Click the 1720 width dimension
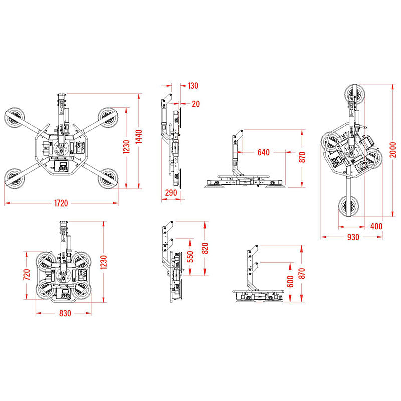coord(61,204)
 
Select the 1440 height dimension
coord(139,137)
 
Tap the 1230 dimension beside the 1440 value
coord(127,147)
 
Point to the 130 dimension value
coord(193,86)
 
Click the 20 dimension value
coord(196,104)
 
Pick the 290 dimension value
coord(171,193)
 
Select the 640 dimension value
coord(264,153)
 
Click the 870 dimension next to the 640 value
coord(302,157)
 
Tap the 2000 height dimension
coord(393,150)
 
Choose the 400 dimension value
coord(376,226)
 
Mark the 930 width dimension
coord(353,237)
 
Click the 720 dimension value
coord(27,274)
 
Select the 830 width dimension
coord(65,313)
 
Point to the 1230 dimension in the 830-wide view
coord(104,262)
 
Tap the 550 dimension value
coord(190,257)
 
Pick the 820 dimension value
coord(205,248)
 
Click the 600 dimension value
coord(290,282)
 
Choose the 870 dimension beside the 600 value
coord(302,274)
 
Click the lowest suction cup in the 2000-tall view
coord(348,206)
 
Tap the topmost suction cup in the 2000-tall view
coord(355,94)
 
